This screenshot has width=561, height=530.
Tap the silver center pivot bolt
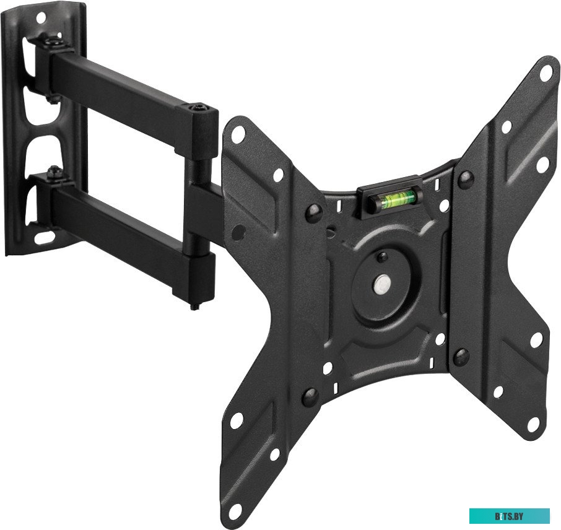tap(382, 284)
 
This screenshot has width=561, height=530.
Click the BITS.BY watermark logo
tap(509, 516)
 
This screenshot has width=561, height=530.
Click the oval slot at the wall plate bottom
tap(45, 236)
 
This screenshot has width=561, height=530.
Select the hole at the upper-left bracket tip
tap(238, 134)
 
